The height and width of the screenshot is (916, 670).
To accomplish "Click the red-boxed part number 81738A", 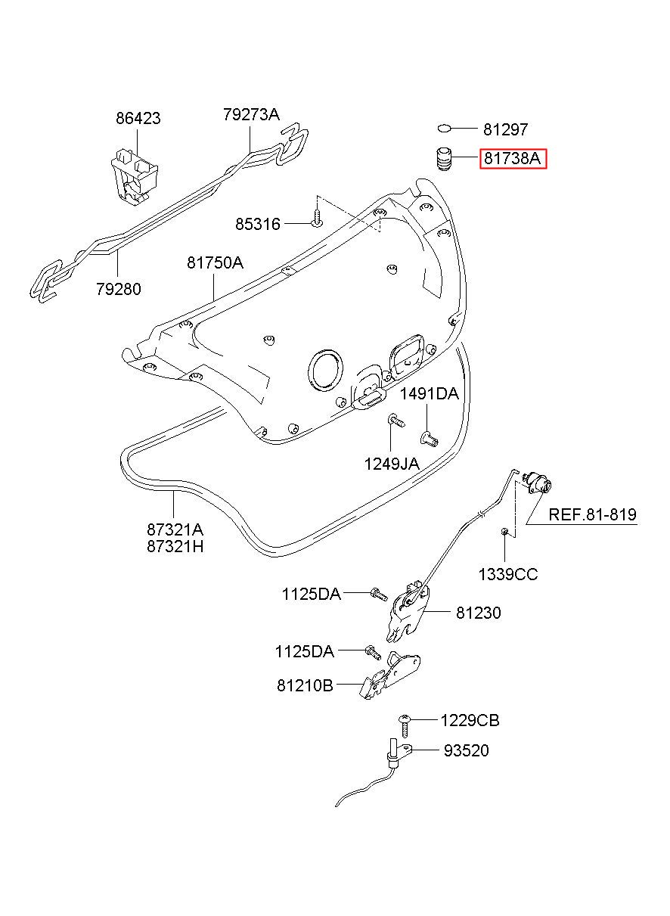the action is [512, 158].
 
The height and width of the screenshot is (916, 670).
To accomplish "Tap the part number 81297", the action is [506, 129].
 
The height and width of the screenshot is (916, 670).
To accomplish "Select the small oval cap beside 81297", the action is [444, 129].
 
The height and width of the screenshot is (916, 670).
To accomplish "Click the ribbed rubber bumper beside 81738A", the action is [442, 160].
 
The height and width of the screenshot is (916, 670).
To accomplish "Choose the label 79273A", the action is [251, 114].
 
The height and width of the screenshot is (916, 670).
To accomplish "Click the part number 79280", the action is [119, 289].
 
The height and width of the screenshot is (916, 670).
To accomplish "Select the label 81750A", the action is [215, 262].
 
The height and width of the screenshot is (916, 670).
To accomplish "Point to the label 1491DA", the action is [430, 394].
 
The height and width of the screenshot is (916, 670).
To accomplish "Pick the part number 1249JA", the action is [392, 464].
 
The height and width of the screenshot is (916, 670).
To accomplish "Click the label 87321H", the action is [175, 546].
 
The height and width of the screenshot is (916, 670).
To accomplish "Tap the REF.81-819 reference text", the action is [592, 514].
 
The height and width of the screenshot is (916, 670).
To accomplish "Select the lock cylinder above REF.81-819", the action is [538, 482].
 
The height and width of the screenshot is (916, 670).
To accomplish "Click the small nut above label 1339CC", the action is [504, 531].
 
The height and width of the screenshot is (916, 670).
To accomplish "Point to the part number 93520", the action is [467, 750].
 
